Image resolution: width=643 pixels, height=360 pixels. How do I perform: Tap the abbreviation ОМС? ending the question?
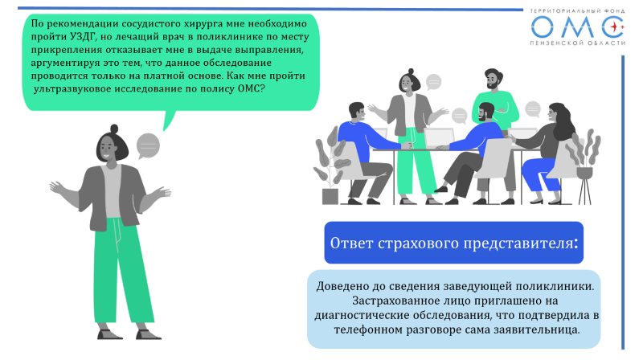click(x=252, y=89)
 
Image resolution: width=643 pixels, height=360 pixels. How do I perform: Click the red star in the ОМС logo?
click(x=615, y=27)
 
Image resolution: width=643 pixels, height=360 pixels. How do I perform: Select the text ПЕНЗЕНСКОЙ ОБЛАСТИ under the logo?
click(x=577, y=43)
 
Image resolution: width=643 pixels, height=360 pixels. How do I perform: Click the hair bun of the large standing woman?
click(x=114, y=129)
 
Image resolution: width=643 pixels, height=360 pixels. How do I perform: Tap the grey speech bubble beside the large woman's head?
click(x=148, y=146)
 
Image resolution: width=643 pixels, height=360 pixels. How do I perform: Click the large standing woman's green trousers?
click(x=121, y=273)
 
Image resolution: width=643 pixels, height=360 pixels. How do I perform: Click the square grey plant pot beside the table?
click(x=330, y=196)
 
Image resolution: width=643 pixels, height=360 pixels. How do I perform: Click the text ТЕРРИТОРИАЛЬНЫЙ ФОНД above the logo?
click(x=577, y=11)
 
